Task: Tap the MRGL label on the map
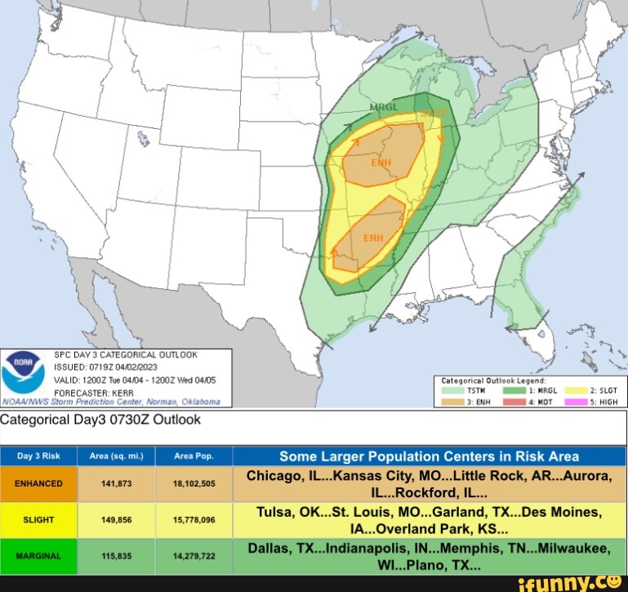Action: pyautogui.click(x=385, y=108)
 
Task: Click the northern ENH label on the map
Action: pyautogui.click(x=381, y=162)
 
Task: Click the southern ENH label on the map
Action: pyautogui.click(x=373, y=238)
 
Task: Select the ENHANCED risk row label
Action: pyautogui.click(x=38, y=484)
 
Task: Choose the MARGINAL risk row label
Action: pyautogui.click(x=38, y=555)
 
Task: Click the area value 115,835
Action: pyautogui.click(x=116, y=555)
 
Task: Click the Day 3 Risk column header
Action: pyautogui.click(x=39, y=456)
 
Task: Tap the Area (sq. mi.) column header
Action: pyautogui.click(x=116, y=456)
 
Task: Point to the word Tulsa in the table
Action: pyautogui.click(x=274, y=511)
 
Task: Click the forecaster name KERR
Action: pyautogui.click(x=113, y=391)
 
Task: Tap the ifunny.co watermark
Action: pyautogui.click(x=581, y=581)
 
